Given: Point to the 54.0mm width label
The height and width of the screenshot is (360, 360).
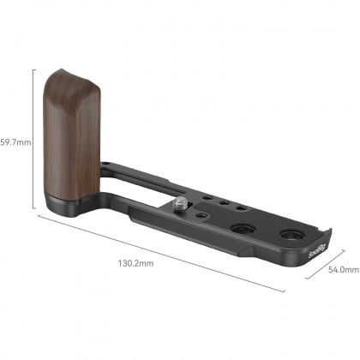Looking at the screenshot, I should [x=342, y=269].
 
